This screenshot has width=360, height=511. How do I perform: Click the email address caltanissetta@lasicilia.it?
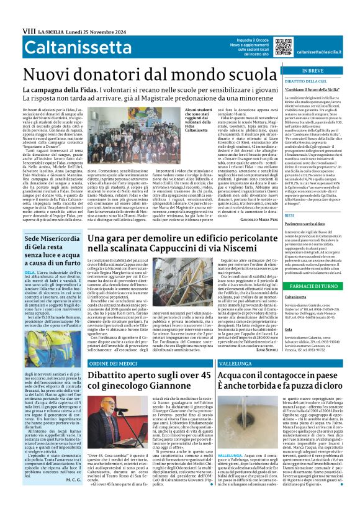[x=323, y=53]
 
